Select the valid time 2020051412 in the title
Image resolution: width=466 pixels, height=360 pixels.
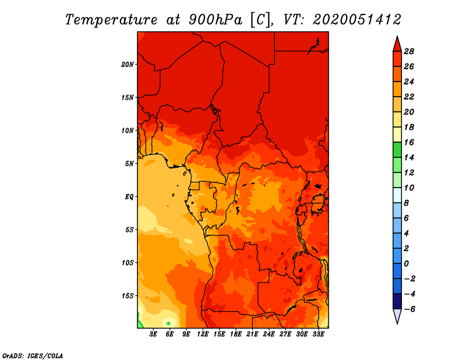pos(357,19)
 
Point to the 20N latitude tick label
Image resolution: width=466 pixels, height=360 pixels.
pos(128,64)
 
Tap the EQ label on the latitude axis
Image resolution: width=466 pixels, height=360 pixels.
pos(129,196)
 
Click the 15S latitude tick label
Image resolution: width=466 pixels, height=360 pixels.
pos(128,295)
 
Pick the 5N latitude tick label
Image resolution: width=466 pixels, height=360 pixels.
pos(129,163)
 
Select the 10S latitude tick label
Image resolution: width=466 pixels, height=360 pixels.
pos(128,263)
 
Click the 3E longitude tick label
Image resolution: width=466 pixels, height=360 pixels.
pos(154,334)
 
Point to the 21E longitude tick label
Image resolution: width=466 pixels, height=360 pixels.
pos(252,334)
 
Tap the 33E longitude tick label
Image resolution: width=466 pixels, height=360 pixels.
pos(318,334)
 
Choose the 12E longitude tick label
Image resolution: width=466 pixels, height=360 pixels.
pos(203,334)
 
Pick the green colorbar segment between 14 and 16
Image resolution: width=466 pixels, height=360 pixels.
pos(397,150)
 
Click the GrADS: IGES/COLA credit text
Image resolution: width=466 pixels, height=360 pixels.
pos(32,355)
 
